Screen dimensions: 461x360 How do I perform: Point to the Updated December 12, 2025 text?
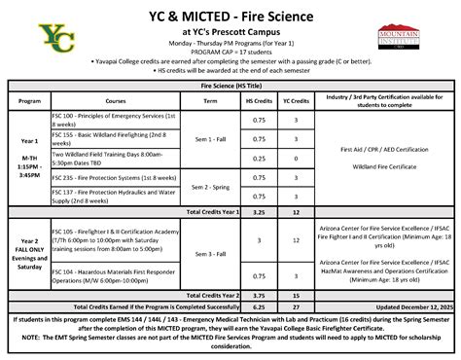[393, 305]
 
